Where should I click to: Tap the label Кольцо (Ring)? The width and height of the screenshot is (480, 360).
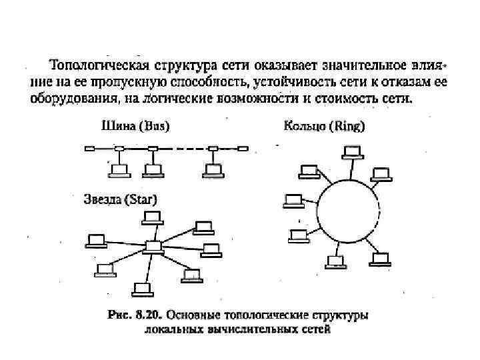tap(325, 125)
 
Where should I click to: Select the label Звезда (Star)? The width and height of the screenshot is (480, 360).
tap(121, 199)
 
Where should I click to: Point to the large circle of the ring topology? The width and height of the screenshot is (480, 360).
tap(350, 214)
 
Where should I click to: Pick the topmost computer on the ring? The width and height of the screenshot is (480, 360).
tap(352, 152)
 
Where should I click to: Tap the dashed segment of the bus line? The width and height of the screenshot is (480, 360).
tap(183, 148)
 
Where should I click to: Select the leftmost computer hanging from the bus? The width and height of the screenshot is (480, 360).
tap(119, 170)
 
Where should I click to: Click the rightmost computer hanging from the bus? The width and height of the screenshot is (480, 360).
tap(213, 170)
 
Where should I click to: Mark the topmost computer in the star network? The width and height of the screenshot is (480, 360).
tap(153, 217)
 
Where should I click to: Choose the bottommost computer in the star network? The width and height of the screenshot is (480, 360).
tap(141, 288)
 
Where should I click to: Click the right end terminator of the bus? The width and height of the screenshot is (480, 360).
tap(243, 148)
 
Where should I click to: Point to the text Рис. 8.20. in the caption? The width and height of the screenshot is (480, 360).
tap(134, 314)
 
